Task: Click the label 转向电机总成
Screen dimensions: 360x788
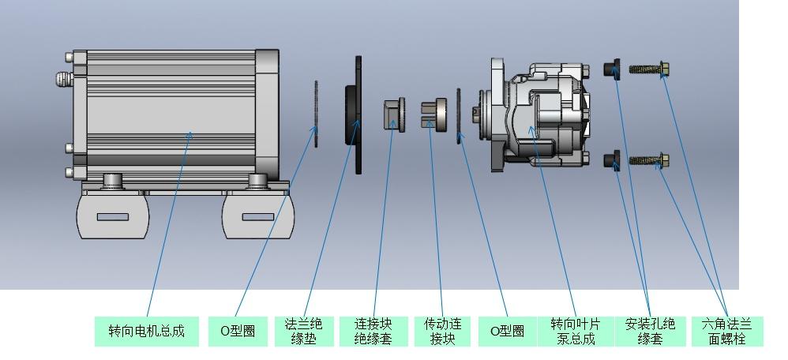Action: click(x=146, y=331)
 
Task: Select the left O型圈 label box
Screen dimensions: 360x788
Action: click(x=232, y=331)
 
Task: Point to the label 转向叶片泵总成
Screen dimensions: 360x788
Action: click(x=574, y=331)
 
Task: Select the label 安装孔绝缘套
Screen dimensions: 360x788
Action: click(x=650, y=331)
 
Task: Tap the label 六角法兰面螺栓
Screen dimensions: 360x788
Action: click(x=727, y=331)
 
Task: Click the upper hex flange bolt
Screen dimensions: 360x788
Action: click(x=649, y=69)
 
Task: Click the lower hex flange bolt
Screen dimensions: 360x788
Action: click(x=649, y=160)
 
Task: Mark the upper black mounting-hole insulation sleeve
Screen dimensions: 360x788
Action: click(x=611, y=69)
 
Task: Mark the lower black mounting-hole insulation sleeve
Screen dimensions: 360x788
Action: click(x=611, y=160)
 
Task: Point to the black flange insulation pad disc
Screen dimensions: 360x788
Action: click(x=355, y=115)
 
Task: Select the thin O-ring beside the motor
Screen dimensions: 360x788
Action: click(x=317, y=114)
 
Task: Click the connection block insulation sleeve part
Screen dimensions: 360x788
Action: click(x=392, y=114)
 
